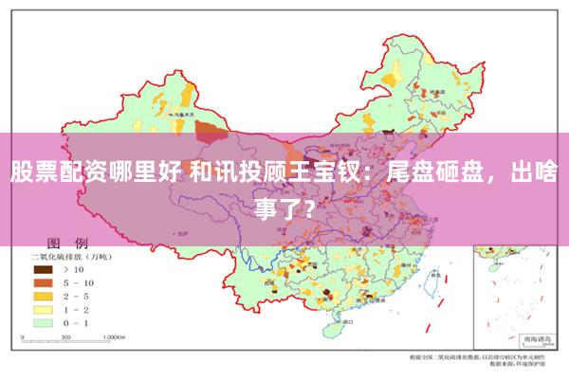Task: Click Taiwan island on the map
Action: tap(439, 281)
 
